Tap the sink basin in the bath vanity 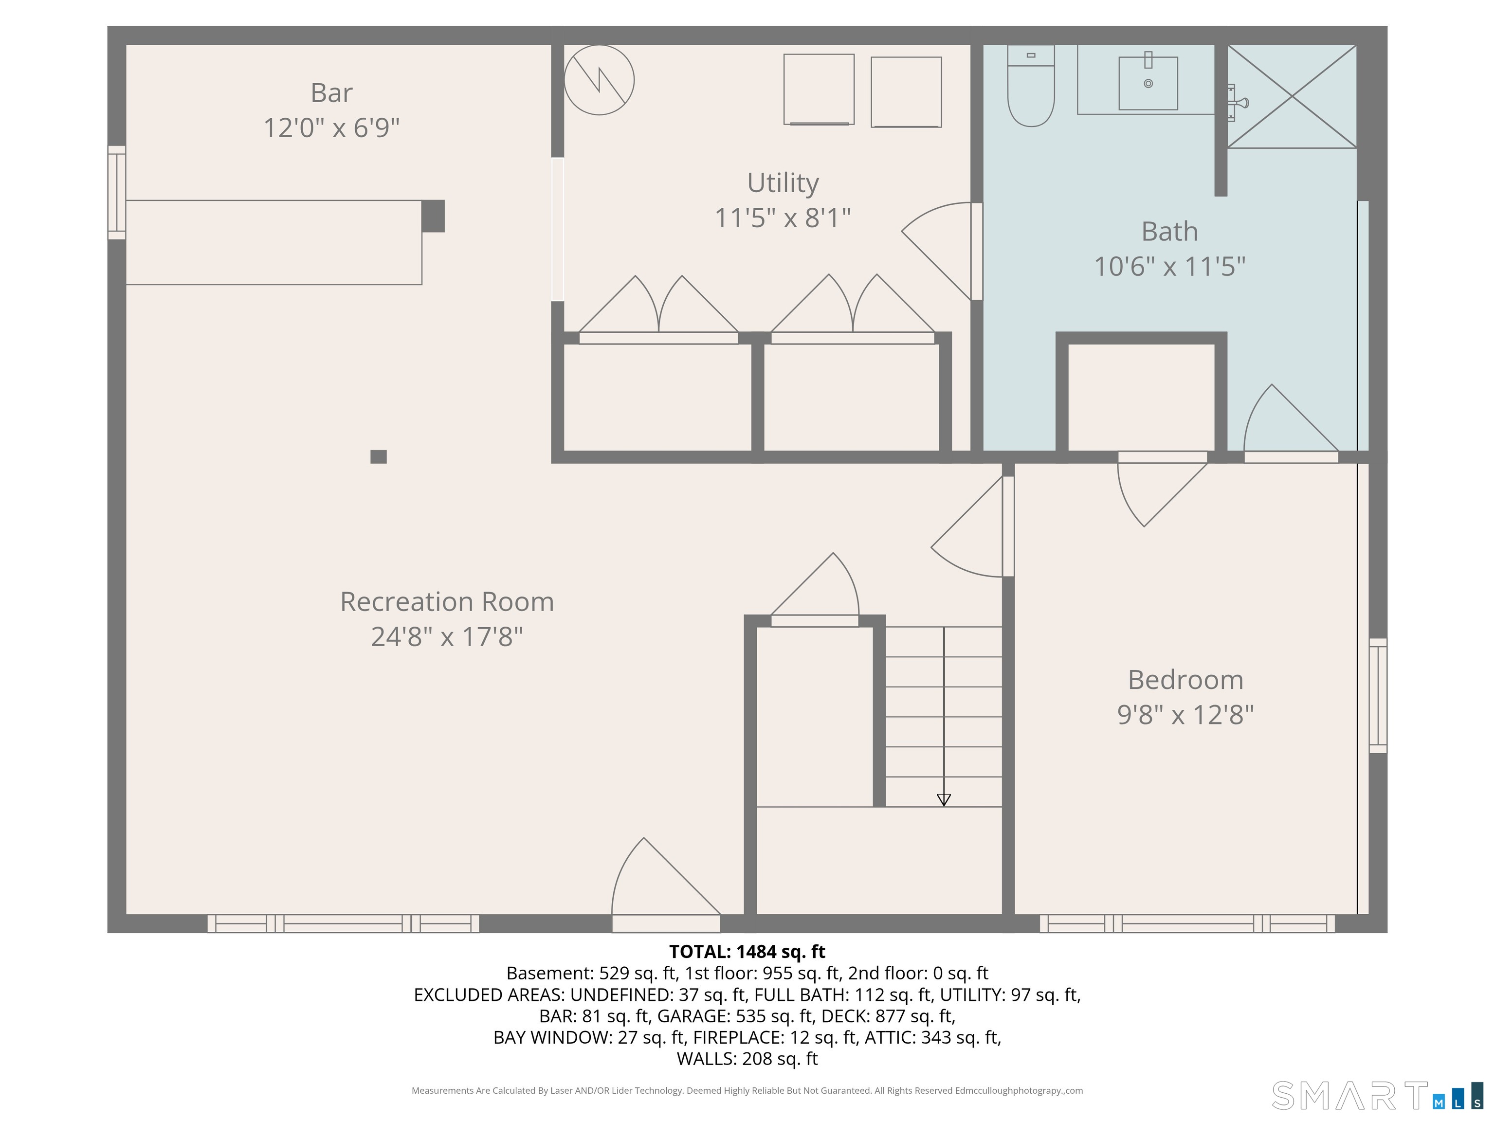1148,83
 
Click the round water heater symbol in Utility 599,80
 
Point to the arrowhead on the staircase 944,799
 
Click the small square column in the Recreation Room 379,457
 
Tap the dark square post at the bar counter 433,216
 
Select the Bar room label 331,92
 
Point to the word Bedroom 1185,680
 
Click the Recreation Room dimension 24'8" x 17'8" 447,636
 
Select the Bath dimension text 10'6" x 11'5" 1169,266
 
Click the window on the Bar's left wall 117,193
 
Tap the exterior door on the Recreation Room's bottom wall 666,923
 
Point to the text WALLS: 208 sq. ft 747,1058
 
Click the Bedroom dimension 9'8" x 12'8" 1185,715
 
